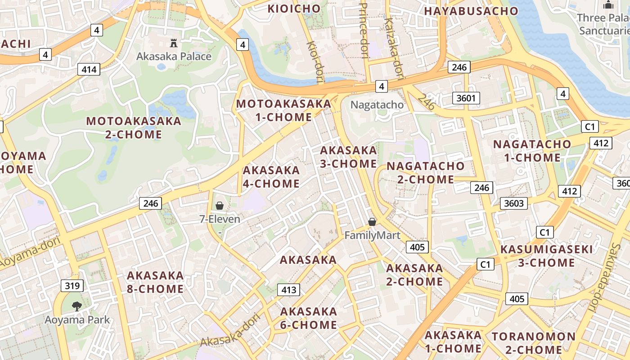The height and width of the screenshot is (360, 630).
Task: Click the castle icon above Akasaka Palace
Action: click(x=174, y=43)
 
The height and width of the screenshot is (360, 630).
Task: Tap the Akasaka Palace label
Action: click(x=174, y=56)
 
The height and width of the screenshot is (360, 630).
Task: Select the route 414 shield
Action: click(x=89, y=69)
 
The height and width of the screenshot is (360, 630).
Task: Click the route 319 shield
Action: click(x=72, y=286)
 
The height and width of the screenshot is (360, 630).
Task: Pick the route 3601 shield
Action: click(x=466, y=98)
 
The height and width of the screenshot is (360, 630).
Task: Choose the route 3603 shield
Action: click(x=513, y=203)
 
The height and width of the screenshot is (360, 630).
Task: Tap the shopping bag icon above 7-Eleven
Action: click(x=220, y=206)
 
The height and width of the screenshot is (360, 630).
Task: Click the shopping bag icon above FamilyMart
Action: click(x=372, y=222)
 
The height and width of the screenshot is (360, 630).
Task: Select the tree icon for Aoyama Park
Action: click(x=77, y=306)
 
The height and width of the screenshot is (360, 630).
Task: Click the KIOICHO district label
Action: click(x=294, y=9)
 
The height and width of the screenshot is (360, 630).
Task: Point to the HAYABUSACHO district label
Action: click(x=471, y=11)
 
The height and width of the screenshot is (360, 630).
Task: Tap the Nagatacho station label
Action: click(x=377, y=105)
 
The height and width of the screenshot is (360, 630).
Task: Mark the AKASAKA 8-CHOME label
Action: click(x=155, y=282)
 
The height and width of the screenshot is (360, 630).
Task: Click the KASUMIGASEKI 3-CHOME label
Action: click(x=546, y=256)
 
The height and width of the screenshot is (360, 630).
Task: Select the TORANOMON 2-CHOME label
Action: click(x=533, y=343)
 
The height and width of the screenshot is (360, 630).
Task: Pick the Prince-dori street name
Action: click(x=364, y=31)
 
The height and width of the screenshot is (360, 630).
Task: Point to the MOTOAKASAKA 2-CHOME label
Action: click(x=134, y=128)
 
